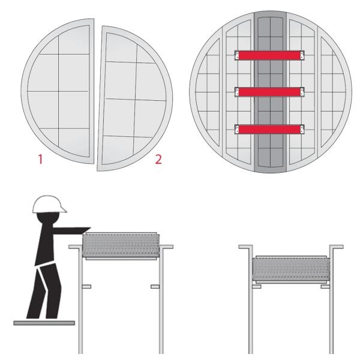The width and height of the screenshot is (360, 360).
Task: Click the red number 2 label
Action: coord(158,160)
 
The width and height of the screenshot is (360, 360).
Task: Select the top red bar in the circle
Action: coord(269,55)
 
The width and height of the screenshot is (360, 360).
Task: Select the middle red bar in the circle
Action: coord(269,92)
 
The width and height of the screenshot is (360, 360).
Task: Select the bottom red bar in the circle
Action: coord(269,128)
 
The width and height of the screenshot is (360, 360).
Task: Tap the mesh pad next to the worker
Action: coord(119,246)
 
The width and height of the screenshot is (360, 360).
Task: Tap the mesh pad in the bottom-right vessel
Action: coord(291,268)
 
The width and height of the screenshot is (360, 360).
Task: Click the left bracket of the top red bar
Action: coord(237,55)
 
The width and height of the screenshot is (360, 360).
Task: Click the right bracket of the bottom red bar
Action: coord(302,128)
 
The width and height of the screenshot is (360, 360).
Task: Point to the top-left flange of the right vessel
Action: coord(244,247)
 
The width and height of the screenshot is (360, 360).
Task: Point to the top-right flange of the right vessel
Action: coord(337,247)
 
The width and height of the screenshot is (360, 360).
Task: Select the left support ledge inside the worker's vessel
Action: coord(86,287)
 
